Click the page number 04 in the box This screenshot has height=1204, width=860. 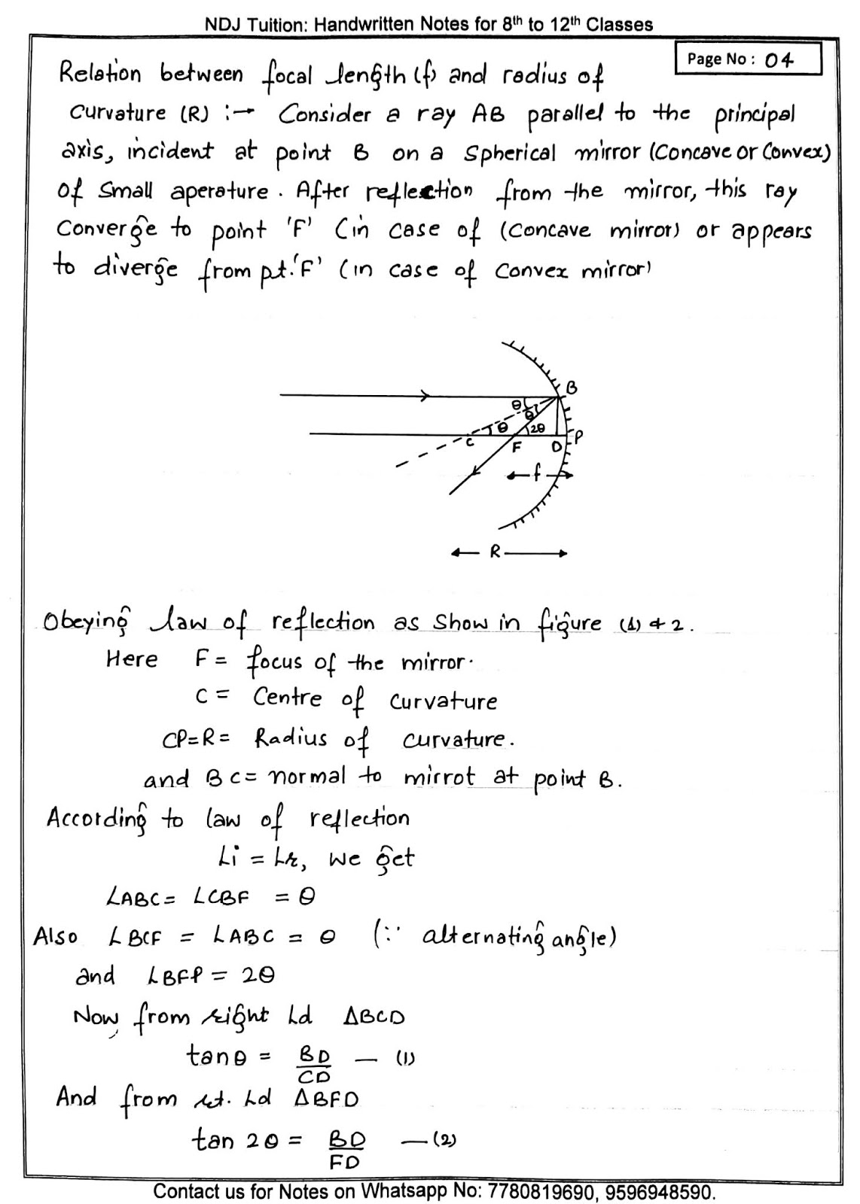pos(779,59)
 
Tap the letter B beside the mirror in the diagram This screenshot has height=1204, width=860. pos(571,388)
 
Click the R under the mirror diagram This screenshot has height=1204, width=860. pos(495,552)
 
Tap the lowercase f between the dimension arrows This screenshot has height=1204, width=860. pos(536,475)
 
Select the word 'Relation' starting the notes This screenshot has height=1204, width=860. pos(99,74)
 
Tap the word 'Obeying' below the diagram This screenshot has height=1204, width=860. pos(87,624)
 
